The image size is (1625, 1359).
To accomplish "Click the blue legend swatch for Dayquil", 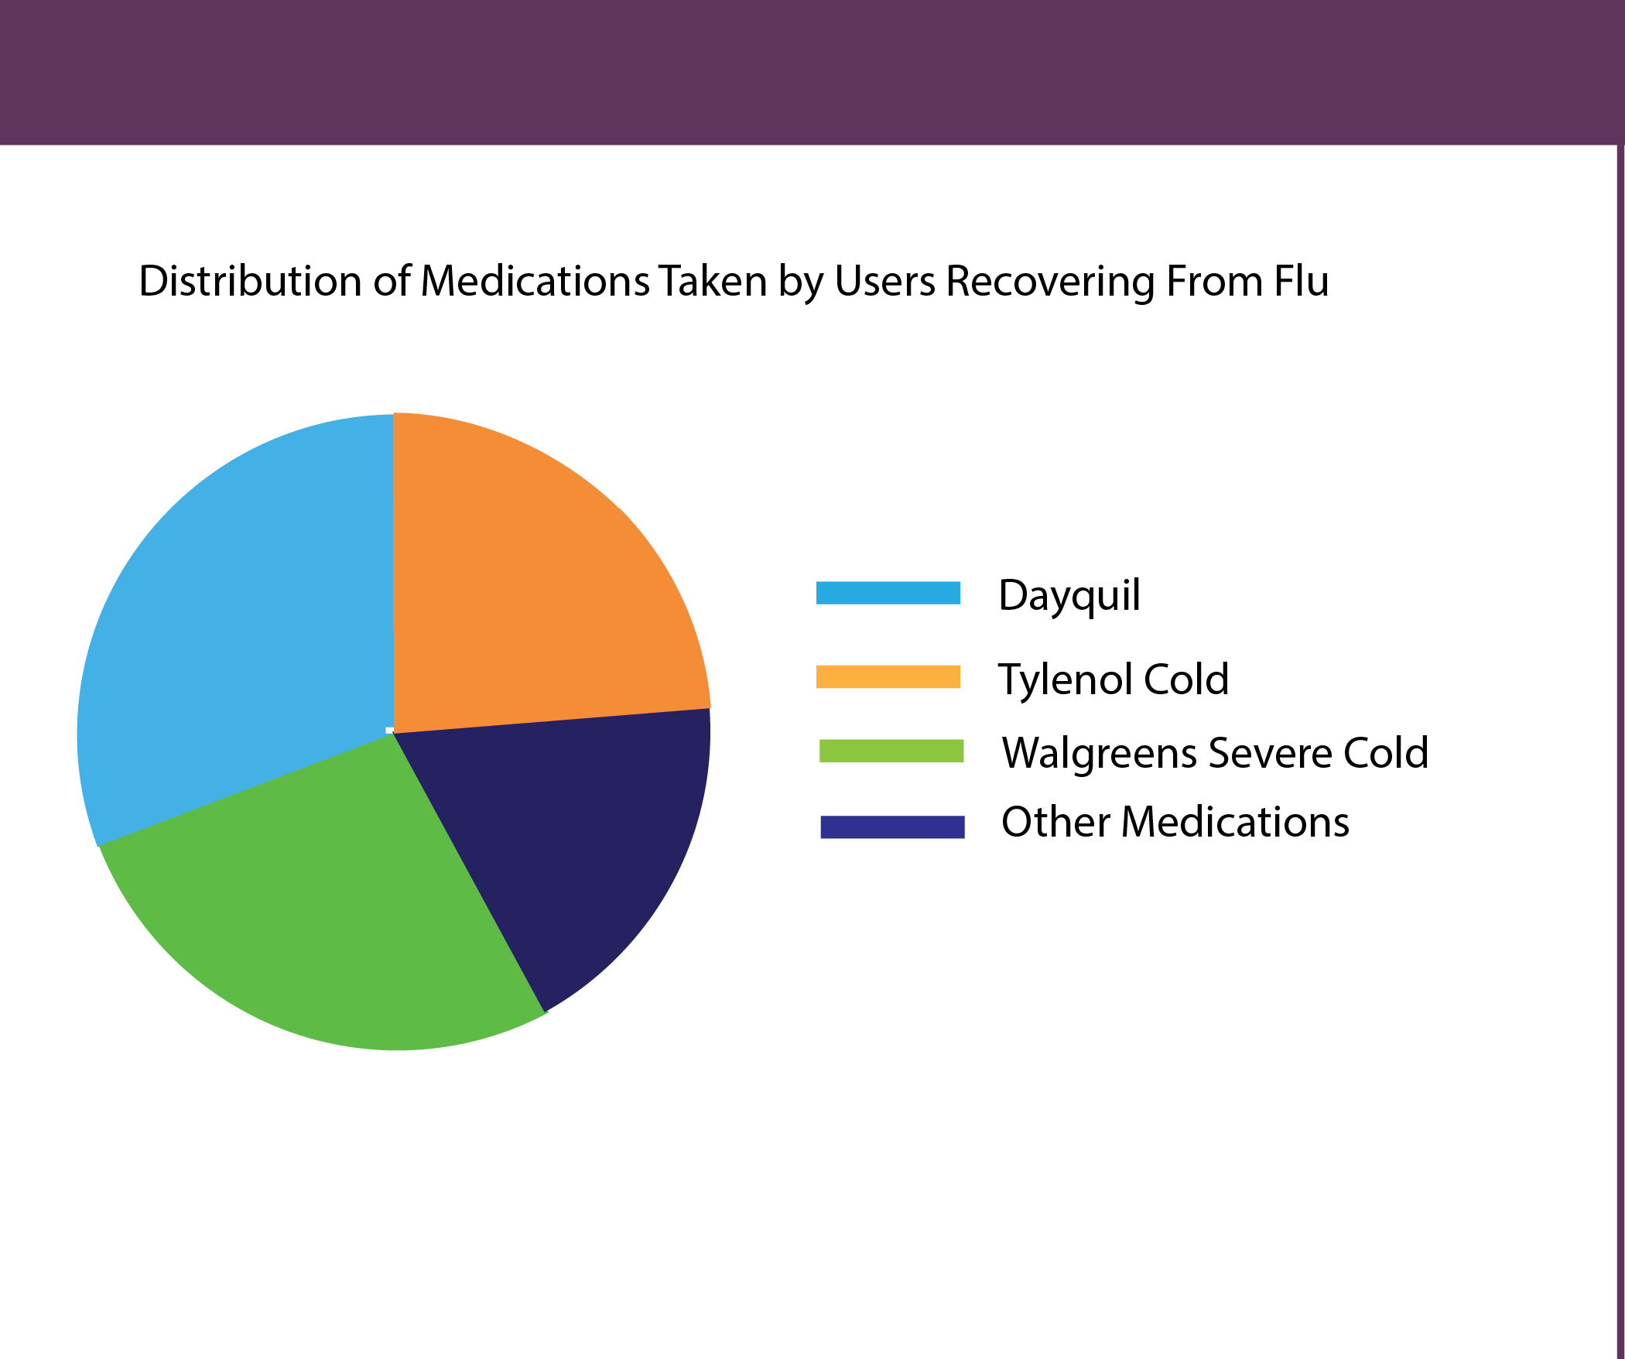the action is coord(888,593).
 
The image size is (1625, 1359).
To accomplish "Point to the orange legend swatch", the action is coord(888,676).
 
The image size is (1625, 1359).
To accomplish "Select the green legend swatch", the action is coord(891,751).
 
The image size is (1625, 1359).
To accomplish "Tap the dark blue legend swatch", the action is coord(892,827).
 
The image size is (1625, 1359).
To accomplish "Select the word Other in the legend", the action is coord(1055,822).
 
